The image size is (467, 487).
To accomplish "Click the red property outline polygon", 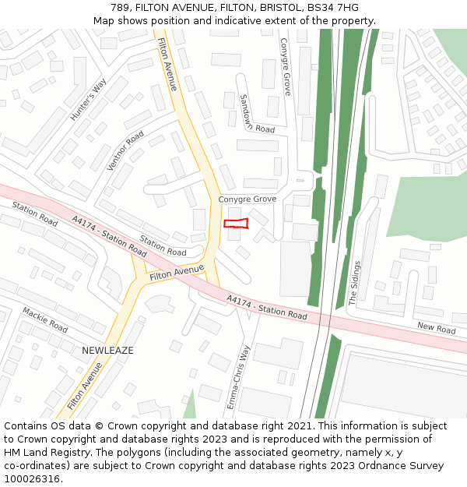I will pyautogui.click(x=236, y=224).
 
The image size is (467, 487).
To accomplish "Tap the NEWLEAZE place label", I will pyautogui.click(x=107, y=351).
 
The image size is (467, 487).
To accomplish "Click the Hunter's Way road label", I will pyautogui.click(x=87, y=101).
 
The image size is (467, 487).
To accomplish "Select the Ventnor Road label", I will pyautogui.click(x=125, y=150).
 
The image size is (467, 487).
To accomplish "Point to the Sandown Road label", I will pyautogui.click(x=257, y=114).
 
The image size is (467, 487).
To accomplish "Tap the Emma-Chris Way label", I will pyautogui.click(x=240, y=378).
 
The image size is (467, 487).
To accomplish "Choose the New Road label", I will pyautogui.click(x=436, y=329).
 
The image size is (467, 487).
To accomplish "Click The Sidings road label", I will pyautogui.click(x=356, y=283).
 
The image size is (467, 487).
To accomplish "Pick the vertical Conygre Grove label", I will pyautogui.click(x=285, y=67).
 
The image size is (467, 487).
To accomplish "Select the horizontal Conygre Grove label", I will pyautogui.click(x=247, y=199).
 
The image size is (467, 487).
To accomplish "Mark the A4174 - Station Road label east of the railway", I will pyautogui.click(x=267, y=308).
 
